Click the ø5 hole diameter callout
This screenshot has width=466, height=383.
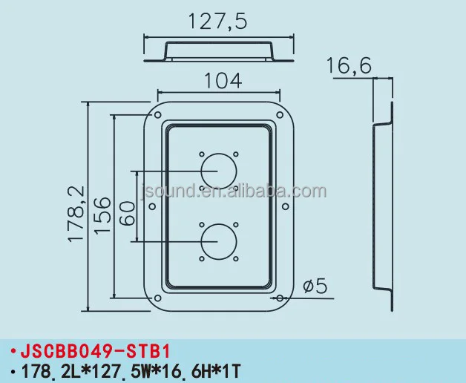point(315,286)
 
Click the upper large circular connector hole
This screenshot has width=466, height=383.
point(217,171)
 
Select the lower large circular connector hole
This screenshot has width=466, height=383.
point(217,243)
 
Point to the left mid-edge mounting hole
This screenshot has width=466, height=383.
point(151,207)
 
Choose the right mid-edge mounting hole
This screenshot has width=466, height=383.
point(284,207)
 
